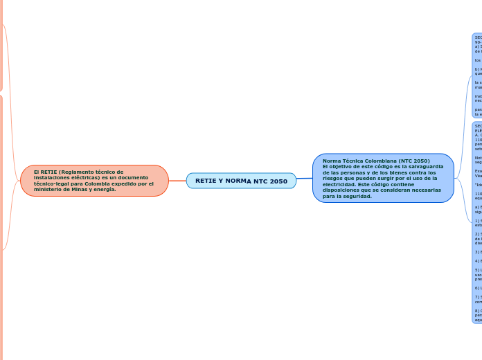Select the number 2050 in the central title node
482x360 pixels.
pyautogui.click(x=278, y=181)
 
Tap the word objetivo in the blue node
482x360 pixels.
pyautogui.click(x=340, y=167)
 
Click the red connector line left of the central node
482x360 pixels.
pyautogui.click(x=177, y=181)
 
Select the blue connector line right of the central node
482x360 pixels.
pyautogui.click(x=305, y=179)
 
